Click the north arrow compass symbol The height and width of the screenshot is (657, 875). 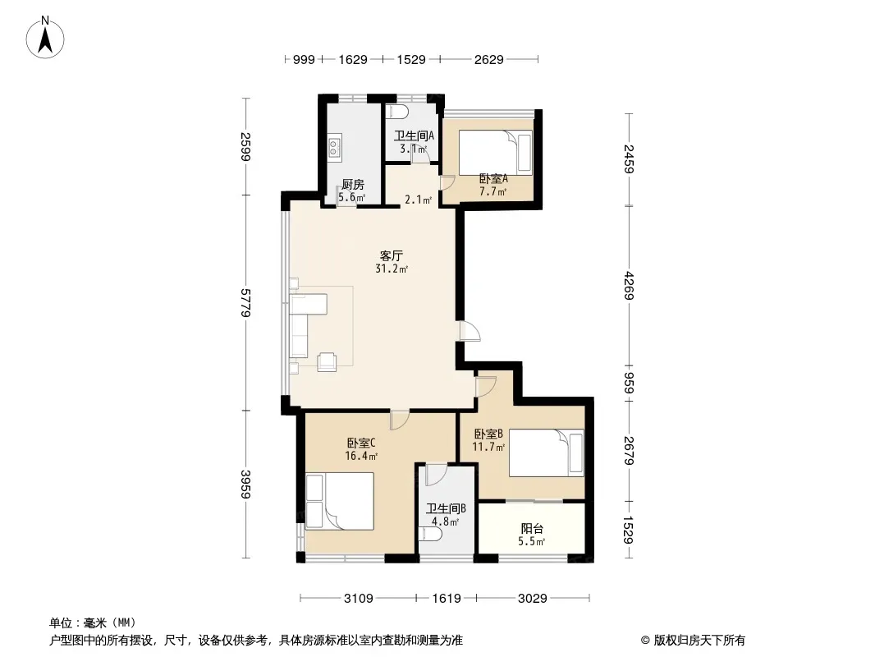coord(45,38)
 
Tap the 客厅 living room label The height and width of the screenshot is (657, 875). coord(392,255)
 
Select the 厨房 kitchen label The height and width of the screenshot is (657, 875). coord(353,185)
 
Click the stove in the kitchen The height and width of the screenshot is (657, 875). coord(334,147)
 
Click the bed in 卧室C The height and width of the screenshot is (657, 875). coord(340,501)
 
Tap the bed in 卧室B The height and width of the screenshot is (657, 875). coord(547,453)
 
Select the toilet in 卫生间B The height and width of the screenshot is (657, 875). coord(431,534)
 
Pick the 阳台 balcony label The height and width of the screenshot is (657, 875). coord(532,528)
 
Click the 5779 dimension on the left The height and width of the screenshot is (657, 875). coord(245,302)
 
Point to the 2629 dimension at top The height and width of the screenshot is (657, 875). coord(489,59)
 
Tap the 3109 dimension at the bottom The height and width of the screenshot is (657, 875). coord(358,599)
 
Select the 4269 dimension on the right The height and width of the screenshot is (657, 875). coord(630,285)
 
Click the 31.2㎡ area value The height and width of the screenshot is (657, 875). coord(392,269)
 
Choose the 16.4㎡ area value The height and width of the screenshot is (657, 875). coord(361,456)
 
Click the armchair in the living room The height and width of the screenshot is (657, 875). coord(328,361)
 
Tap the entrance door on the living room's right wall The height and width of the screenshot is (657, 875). coord(470,331)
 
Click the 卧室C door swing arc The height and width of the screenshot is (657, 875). coord(400,420)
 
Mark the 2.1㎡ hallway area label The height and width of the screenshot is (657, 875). coord(418,200)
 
